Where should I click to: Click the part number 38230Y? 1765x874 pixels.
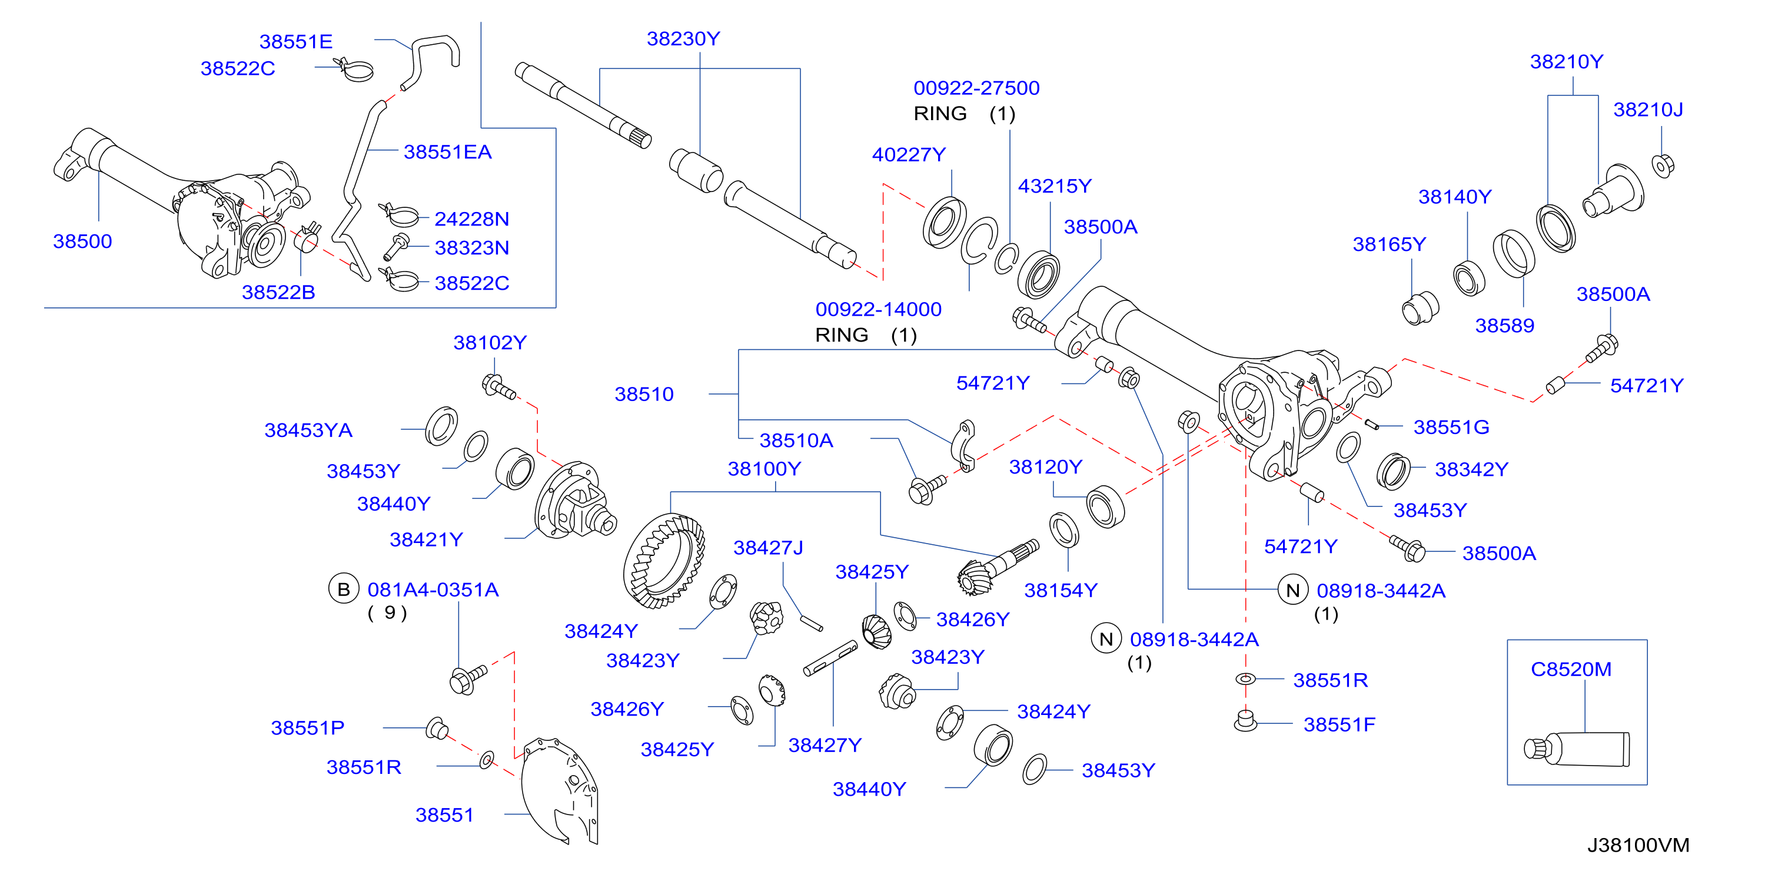(x=683, y=39)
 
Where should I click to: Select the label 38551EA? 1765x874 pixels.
(x=447, y=152)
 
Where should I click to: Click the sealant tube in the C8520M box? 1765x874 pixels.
(x=1577, y=749)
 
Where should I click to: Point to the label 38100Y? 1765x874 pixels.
(x=764, y=469)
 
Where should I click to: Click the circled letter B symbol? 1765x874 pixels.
(x=344, y=590)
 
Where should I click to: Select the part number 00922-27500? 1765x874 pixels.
(x=976, y=88)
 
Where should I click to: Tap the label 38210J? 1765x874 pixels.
(x=1648, y=110)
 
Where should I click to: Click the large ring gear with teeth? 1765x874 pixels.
(x=663, y=561)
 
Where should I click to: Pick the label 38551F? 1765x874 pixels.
(x=1339, y=724)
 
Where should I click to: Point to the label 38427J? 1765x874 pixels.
(x=768, y=548)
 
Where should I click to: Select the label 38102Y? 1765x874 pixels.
(x=490, y=343)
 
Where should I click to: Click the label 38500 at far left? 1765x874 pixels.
(x=82, y=241)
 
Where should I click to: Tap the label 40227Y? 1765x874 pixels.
(x=909, y=155)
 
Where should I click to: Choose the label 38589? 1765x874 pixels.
(x=1505, y=326)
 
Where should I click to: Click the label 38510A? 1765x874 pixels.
(x=796, y=440)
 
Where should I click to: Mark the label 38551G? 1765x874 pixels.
(x=1451, y=427)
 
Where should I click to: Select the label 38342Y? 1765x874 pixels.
(x=1472, y=469)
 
